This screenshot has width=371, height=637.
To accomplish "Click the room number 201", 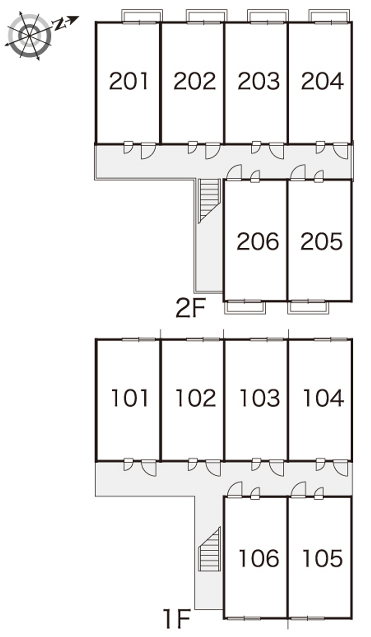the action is tap(128, 81).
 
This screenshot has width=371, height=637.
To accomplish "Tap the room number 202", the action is tap(195, 81).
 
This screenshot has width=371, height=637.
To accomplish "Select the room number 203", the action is tap(259, 81).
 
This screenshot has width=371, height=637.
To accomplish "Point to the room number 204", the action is tap(323, 81).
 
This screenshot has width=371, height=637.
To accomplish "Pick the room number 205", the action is tap(321, 241).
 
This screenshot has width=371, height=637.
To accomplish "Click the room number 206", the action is tap(258, 241).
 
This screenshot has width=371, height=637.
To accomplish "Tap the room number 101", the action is tap(130, 398).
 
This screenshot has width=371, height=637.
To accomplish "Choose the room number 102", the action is tap(196, 398).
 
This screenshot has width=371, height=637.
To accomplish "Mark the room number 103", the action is tap(260, 398).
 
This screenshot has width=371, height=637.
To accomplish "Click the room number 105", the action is tap(323, 558).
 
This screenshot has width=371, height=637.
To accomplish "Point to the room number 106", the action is tap(259, 558).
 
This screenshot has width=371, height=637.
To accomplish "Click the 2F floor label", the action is tap(191, 308).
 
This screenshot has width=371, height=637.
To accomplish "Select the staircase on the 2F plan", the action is tap(210, 200).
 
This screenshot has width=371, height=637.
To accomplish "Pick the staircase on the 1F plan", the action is tap(210, 548).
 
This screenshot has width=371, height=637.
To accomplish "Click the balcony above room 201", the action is tap(142, 16).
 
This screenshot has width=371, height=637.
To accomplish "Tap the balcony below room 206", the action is tap(245, 308).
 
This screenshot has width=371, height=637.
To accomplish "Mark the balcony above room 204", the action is tap(329, 16).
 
